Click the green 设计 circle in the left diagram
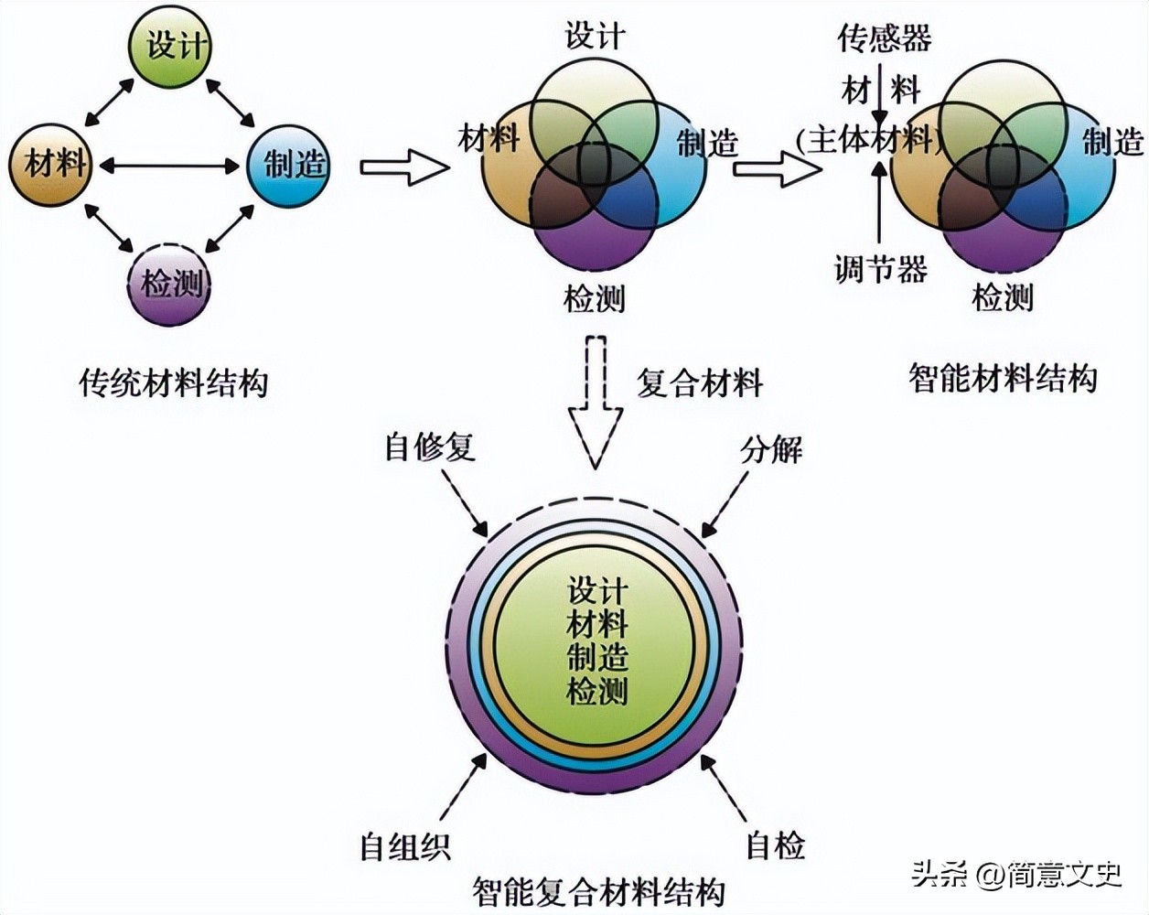click(x=170, y=45)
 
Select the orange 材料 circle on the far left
click(x=51, y=165)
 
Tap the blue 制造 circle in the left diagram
click(x=290, y=165)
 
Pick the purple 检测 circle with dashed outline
click(x=170, y=285)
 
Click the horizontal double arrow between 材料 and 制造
click(x=170, y=166)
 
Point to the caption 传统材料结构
click(x=174, y=382)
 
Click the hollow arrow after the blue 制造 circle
click(x=403, y=167)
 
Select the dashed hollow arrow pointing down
click(x=596, y=403)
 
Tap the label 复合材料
click(x=700, y=382)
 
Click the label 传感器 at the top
click(x=884, y=38)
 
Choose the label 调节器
click(x=880, y=269)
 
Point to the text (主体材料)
click(x=868, y=140)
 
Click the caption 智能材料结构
click(x=1003, y=377)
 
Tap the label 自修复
click(x=430, y=447)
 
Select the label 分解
click(x=771, y=449)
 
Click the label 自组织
click(x=404, y=845)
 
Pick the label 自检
click(x=775, y=845)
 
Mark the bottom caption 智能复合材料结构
click(x=599, y=891)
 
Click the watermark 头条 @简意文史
click(x=1015, y=875)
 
